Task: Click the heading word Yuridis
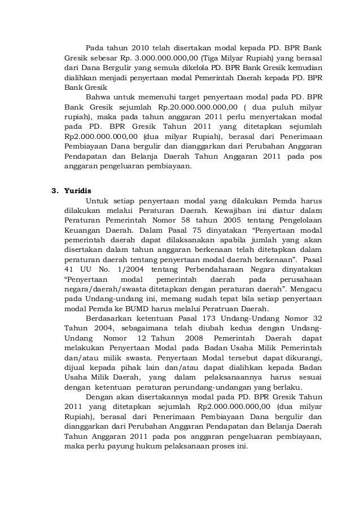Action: click(78, 189)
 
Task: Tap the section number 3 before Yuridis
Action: click(54, 189)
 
